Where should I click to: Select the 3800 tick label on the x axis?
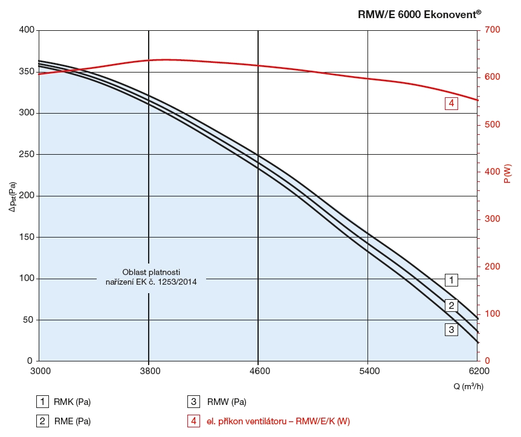[149, 371]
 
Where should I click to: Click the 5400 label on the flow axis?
[368, 371]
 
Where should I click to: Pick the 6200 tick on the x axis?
[478, 371]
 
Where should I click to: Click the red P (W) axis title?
[508, 173]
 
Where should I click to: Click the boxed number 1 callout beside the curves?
[451, 280]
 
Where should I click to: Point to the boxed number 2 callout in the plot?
[451, 305]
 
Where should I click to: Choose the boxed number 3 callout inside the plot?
[451, 330]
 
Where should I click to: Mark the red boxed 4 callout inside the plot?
[451, 103]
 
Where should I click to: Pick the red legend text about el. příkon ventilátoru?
[279, 421]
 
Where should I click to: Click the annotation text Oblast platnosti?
[151, 271]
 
